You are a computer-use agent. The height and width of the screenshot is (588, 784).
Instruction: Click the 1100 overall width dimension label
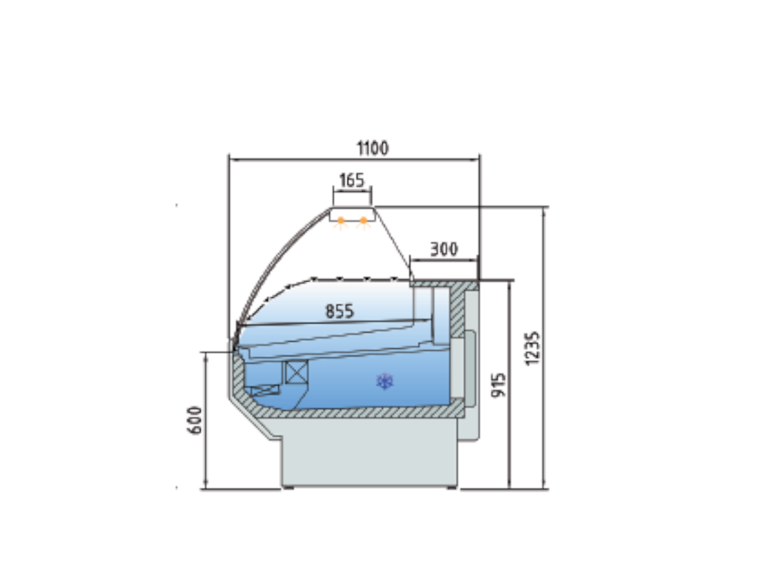pos(372,148)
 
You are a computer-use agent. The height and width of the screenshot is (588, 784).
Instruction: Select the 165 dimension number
pos(351,180)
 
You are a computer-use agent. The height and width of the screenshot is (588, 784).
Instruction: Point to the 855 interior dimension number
pos(340,310)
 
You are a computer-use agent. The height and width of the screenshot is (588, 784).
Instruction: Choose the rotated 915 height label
pos(498,385)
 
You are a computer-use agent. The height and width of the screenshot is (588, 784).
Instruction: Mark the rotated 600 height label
pos(194,420)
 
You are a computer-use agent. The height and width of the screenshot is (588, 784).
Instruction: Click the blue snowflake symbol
pos(385,381)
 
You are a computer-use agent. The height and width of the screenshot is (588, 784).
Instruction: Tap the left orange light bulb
pos(341,220)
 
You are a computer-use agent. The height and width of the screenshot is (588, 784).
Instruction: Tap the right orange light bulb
pos(364,220)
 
